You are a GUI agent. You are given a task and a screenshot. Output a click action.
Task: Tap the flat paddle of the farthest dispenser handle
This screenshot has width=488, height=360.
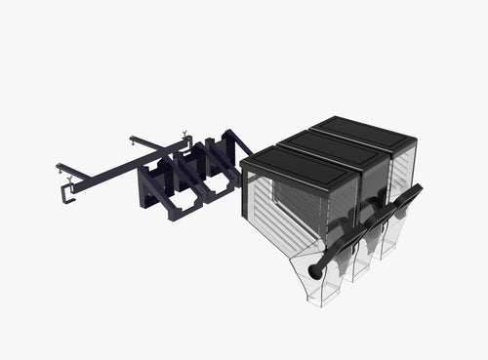pyautogui.click(x=414, y=192)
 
